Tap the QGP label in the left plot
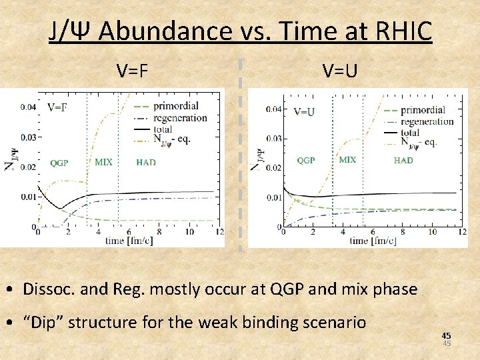click(x=59, y=163)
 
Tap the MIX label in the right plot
click(x=347, y=160)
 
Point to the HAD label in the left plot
click(x=146, y=163)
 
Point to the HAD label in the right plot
click(x=403, y=160)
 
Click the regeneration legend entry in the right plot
click(x=427, y=121)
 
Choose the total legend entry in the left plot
click(x=163, y=129)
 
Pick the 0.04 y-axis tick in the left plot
click(x=28, y=107)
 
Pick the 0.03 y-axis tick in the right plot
click(x=273, y=139)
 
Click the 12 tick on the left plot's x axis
click(x=219, y=232)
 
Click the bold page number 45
click(x=447, y=336)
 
